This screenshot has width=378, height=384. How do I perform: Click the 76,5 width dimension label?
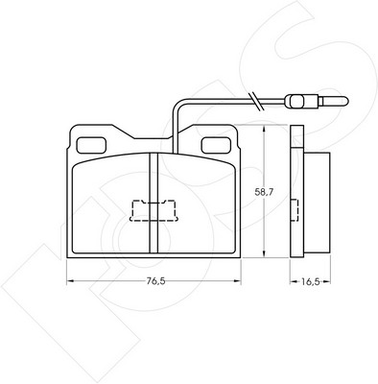pos(155,281)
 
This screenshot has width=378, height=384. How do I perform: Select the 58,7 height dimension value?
pos(264,192)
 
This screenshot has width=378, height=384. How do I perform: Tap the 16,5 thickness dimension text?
pos(311,281)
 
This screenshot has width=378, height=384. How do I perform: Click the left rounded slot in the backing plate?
pos(91,145)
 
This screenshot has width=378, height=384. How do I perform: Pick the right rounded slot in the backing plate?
pos(216,145)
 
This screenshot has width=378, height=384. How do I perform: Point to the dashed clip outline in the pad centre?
pos(154,210)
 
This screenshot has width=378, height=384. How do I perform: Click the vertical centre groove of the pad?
pos(154,204)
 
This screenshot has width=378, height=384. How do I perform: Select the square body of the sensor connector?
pos(297,102)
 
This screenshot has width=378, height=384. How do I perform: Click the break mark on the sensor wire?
pos(257,102)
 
